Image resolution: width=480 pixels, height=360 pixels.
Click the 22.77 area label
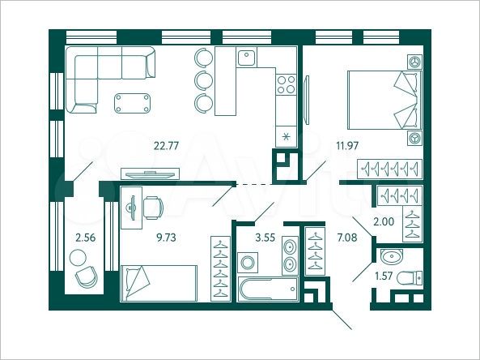tap(166, 147)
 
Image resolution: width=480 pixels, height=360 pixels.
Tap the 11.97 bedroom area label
tap(325, 146)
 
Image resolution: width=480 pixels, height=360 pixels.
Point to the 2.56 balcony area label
tap(85, 239)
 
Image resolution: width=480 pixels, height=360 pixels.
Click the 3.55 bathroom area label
tap(265, 239)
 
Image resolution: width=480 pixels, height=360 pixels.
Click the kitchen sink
tap(248, 57)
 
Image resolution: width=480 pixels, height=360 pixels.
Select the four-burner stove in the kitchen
tap(285, 84)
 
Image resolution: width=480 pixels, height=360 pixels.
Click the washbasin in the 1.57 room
tap(392, 259)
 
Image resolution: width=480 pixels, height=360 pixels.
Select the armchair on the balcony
tap(87, 278)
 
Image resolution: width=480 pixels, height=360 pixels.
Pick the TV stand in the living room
tap(149, 173)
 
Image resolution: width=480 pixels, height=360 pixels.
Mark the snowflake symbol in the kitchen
tap(284, 136)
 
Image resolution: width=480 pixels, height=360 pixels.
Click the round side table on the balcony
tap(79, 258)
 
